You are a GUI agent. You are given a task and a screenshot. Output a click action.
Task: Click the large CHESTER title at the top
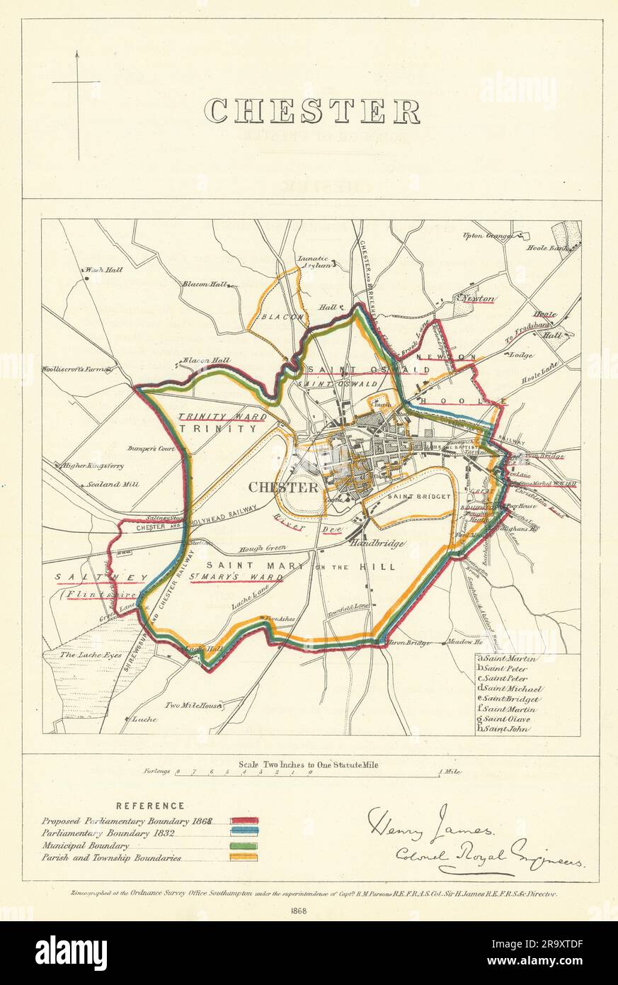pos(312,111)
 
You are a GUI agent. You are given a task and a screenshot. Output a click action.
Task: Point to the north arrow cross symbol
pos(76,84)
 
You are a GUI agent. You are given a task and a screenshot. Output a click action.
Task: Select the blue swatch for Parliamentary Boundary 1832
pos(243,833)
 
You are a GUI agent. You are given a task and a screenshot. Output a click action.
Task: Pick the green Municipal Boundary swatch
pos(243,845)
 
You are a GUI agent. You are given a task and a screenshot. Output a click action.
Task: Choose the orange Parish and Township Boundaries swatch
pos(243,857)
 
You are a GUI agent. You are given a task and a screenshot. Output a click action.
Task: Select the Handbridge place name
pos(377,544)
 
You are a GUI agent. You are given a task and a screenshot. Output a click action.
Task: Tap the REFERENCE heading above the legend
pos(151,806)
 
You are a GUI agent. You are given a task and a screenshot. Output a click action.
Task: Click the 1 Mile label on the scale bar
pos(450,772)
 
